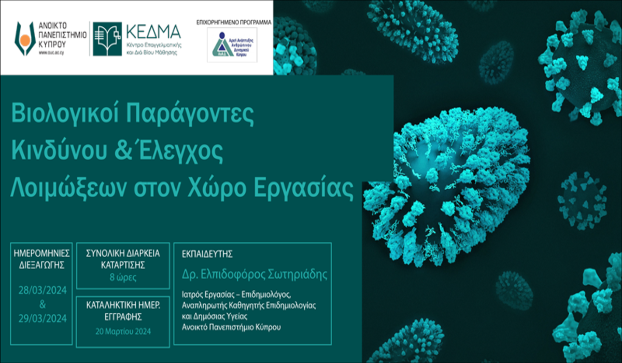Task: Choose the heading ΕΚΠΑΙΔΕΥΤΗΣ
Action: pyautogui.click(x=208, y=254)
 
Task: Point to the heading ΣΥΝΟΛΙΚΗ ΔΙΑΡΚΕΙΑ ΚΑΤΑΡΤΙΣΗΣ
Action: pyautogui.click(x=122, y=258)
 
